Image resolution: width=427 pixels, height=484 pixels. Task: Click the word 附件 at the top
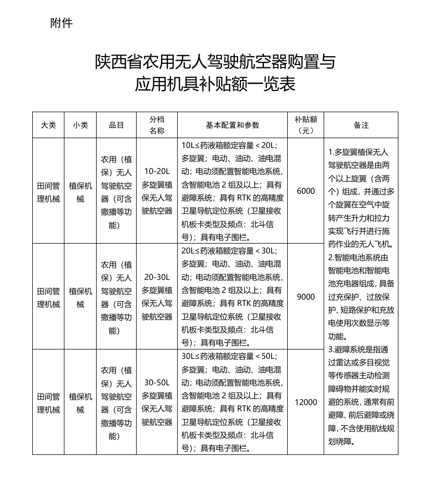coord(61,23)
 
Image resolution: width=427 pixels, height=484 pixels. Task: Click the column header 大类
coord(48,125)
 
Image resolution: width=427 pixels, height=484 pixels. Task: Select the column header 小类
coord(81,125)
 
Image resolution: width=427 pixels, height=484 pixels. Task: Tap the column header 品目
coord(116,125)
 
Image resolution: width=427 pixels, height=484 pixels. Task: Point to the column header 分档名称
coord(157,125)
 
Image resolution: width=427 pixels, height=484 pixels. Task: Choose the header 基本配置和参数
coord(233,125)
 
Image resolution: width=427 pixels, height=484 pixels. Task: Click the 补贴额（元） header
coord(306,125)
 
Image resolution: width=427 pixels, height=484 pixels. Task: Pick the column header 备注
coord(361,125)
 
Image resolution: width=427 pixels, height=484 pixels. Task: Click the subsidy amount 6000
coord(306,191)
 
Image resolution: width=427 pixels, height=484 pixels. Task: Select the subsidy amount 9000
coord(306,297)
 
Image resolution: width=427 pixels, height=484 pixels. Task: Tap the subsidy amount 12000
coord(306,402)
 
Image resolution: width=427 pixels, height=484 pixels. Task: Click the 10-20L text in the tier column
coord(157,171)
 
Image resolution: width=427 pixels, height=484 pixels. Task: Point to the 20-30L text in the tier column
coord(157,277)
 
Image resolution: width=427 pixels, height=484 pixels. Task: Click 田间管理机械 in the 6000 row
coord(48,192)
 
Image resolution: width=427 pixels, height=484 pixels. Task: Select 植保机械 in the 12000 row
coord(81,402)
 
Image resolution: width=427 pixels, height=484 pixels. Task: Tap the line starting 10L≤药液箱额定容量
coord(229,145)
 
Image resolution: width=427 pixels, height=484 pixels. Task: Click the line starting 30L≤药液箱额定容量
coord(229,356)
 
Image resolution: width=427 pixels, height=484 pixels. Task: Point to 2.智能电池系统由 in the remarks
coord(358,257)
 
